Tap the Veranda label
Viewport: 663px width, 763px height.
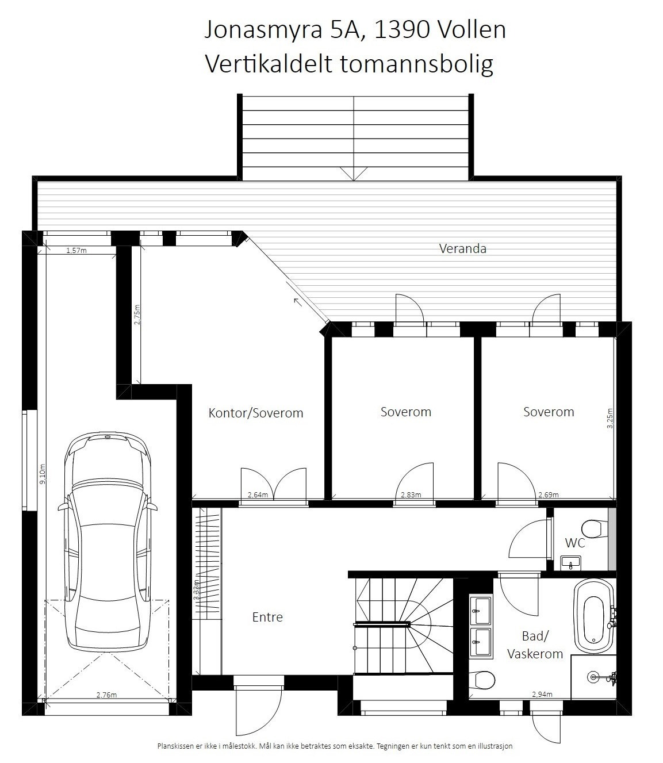462,248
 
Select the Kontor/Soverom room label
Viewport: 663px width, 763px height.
255,413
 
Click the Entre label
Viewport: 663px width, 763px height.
267,617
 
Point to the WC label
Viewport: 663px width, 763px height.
574,542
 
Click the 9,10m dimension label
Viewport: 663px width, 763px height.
41,474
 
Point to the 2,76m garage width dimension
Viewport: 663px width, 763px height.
106,695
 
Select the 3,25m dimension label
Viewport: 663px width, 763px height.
610,419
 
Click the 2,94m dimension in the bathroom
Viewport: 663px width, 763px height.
542,694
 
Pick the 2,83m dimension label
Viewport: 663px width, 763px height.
411,494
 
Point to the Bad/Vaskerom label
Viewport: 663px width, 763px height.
534,645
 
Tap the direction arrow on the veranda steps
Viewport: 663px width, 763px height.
353,173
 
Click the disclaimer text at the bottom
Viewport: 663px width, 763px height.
335,746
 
